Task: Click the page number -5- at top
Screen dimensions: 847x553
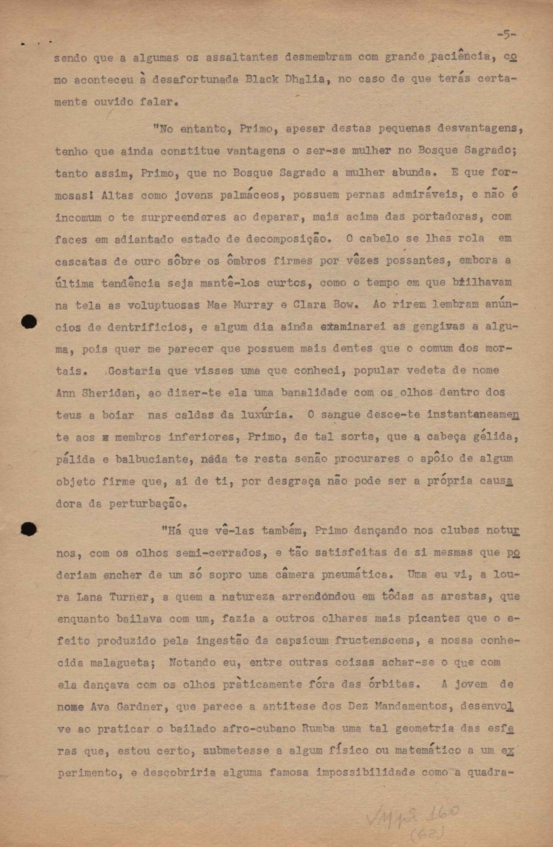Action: click(506, 35)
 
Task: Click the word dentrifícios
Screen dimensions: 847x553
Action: click(147, 327)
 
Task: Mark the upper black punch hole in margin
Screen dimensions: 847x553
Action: click(29, 322)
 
